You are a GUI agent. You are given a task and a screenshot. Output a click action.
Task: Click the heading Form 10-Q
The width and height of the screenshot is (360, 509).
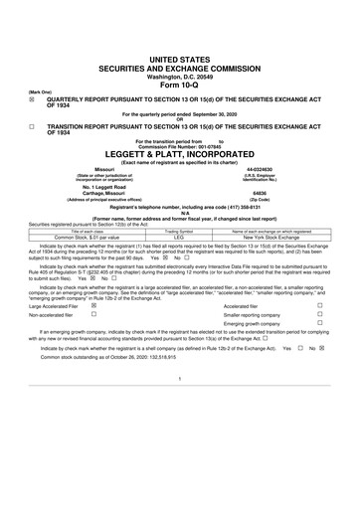[180, 55]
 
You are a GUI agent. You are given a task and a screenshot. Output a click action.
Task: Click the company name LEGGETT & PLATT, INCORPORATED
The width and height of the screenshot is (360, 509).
[180, 156]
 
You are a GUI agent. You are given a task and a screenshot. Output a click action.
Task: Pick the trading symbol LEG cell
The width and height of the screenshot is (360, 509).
[180, 240]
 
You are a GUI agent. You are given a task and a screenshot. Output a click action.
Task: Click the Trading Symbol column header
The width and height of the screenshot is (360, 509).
[180, 233]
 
